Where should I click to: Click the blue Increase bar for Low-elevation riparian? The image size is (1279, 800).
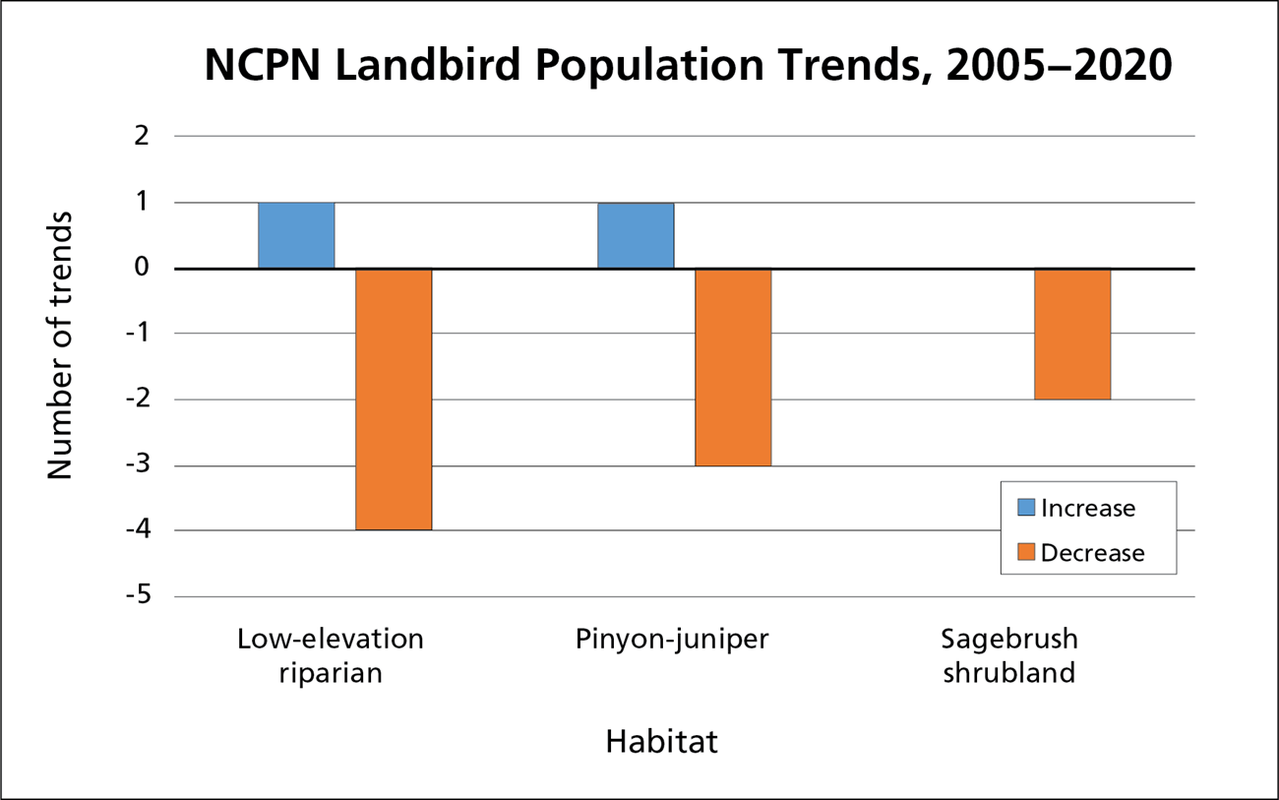coord(296,235)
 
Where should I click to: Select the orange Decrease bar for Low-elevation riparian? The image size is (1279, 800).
coord(394,400)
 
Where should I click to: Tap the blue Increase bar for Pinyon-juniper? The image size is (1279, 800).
coord(636,235)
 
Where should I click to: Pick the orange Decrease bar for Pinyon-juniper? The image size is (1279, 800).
coord(733,367)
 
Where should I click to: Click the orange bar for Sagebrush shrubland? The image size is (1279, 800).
coord(1072,334)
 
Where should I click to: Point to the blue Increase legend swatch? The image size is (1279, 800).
coord(1026,508)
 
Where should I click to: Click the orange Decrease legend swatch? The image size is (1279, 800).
coord(1026,553)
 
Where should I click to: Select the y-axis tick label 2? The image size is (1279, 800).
coord(142,137)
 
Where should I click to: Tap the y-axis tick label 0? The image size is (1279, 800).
coord(142,268)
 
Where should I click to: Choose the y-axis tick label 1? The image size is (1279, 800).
coord(142,203)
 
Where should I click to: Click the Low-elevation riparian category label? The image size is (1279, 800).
coord(331,656)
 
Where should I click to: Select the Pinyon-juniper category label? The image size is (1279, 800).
coord(672,640)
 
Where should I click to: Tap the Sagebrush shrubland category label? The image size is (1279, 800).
coord(1009,656)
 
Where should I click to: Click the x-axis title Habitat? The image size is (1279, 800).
coord(661,741)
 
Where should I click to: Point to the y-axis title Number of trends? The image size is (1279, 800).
coord(61,344)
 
